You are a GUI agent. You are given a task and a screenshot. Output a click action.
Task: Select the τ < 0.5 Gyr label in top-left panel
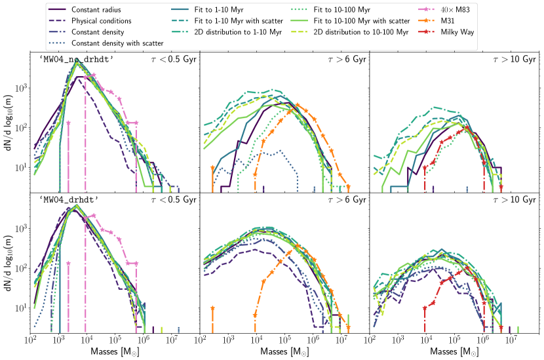[x=172, y=60]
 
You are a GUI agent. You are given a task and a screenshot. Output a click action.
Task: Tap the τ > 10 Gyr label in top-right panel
[x=514, y=60]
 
